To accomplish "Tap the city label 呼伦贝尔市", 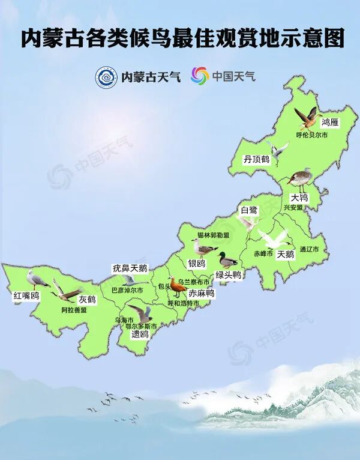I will tap(312, 135).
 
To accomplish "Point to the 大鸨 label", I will tap(299, 197).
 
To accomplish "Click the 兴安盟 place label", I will tap(293, 207).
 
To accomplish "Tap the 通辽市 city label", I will tap(309, 249).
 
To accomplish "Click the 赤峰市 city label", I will tap(263, 253).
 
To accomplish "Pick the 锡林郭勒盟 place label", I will tap(213, 235).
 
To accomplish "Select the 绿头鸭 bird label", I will tap(228, 274).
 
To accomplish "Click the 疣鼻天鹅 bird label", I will tap(130, 268).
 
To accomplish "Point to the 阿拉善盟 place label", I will tap(74, 310).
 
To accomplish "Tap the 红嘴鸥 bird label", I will tap(26, 295).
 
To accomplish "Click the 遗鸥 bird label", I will tap(140, 334).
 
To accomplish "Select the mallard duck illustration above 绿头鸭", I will tap(227, 261).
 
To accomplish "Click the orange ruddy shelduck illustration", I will tap(178, 287).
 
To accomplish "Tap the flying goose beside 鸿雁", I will tap(307, 117).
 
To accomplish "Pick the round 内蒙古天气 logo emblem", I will tap(106, 76).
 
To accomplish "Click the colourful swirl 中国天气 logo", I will tap(199, 76).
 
